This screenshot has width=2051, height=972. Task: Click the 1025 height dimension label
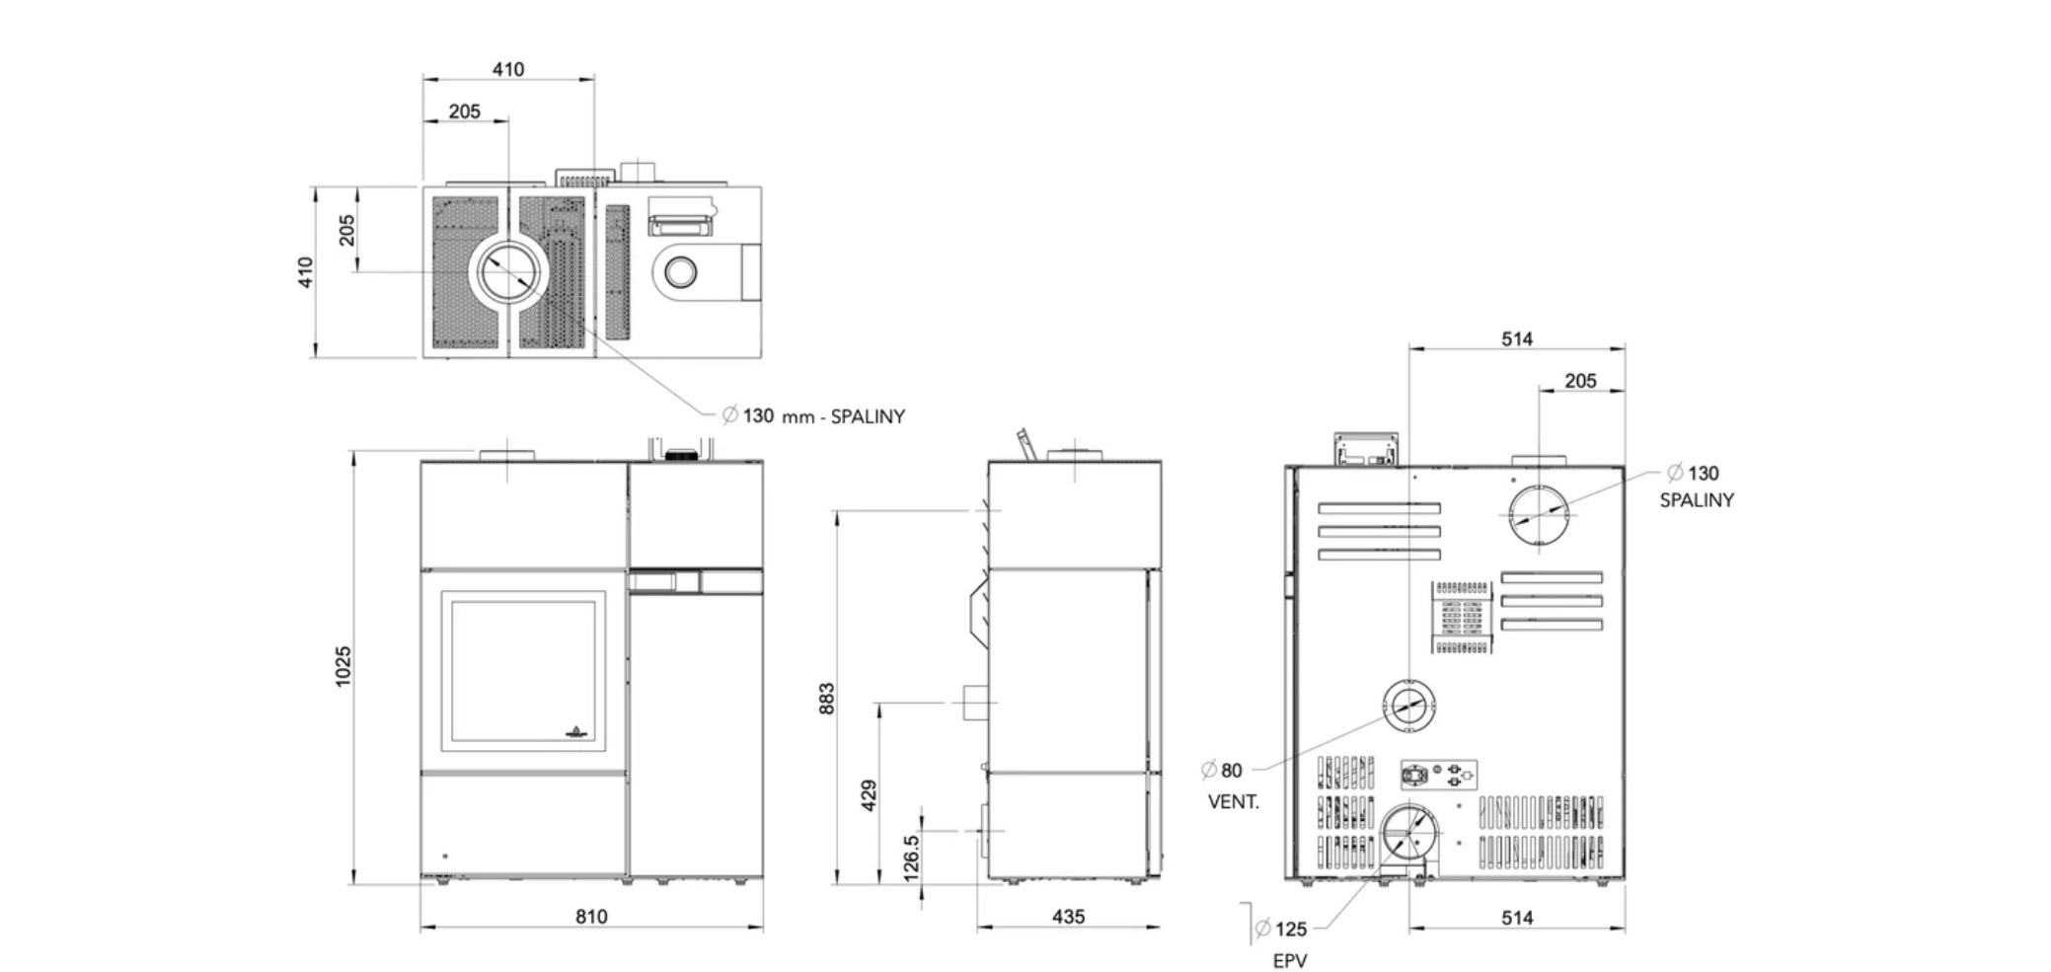pyautogui.click(x=342, y=666)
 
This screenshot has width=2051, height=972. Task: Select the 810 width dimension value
pyautogui.click(x=591, y=917)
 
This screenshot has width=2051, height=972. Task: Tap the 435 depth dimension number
pyautogui.click(x=1068, y=917)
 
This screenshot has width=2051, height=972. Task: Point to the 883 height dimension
pyautogui.click(x=827, y=698)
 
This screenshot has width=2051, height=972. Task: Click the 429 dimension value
pyautogui.click(x=870, y=795)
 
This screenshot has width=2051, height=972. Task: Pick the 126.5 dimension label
pyautogui.click(x=911, y=858)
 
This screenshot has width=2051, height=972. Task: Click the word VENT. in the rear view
pyautogui.click(x=1234, y=802)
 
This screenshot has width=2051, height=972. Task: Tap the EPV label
pyautogui.click(x=1289, y=961)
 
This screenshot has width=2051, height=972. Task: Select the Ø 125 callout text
pyautogui.click(x=1281, y=929)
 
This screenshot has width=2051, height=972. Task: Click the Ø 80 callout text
pyautogui.click(x=1222, y=771)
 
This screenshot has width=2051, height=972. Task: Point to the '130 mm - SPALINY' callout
pyautogui.click(x=813, y=415)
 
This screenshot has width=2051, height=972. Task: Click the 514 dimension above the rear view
pyautogui.click(x=1517, y=338)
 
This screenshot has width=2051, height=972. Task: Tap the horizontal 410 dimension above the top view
pyautogui.click(x=508, y=69)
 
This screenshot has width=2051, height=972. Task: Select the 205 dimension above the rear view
pyautogui.click(x=1580, y=381)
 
